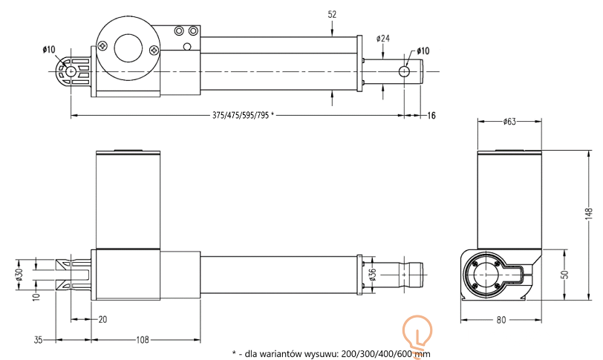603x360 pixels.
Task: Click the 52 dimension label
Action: pyautogui.click(x=332, y=15)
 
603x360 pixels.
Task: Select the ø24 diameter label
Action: pyautogui.click(x=383, y=39)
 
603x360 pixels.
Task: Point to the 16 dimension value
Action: pyautogui.click(x=431, y=115)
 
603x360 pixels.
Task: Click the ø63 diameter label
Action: pyautogui.click(x=509, y=122)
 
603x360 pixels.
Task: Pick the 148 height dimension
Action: pyautogui.click(x=589, y=214)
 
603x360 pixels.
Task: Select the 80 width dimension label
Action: pyautogui.click(x=501, y=320)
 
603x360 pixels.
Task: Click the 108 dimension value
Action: pyautogui.click(x=143, y=340)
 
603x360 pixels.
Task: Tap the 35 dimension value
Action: pyautogui.click(x=38, y=340)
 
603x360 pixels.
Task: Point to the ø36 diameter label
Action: pyautogui.click(x=372, y=275)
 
